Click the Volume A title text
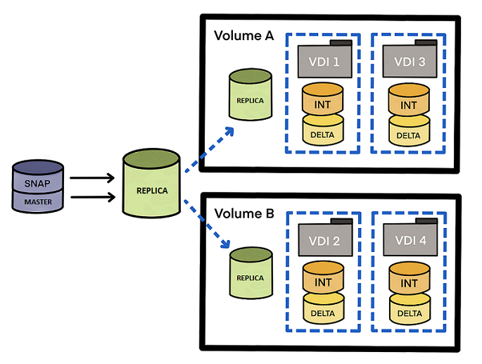[243, 36]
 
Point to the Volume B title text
[243, 213]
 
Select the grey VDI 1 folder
[323, 61]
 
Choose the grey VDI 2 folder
[323, 241]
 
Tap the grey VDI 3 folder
[409, 61]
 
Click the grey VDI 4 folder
[409, 241]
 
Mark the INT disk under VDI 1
[323, 103]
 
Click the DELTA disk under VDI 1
[323, 134]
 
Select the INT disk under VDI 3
[409, 103]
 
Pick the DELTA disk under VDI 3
[409, 134]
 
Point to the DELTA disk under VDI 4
[409, 312]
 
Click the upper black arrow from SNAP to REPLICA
[92, 178]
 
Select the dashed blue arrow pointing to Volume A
[209, 149]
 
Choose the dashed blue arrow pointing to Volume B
[209, 224]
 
